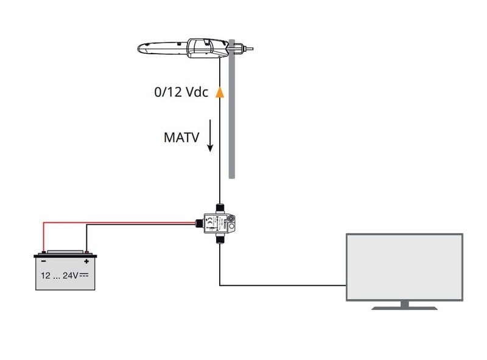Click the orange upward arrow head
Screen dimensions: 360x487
click(219, 93)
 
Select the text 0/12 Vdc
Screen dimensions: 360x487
click(181, 93)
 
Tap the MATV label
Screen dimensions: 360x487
click(181, 136)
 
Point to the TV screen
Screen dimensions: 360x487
click(404, 267)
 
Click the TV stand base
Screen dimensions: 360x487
click(404, 308)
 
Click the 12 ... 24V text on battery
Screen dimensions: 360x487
click(60, 275)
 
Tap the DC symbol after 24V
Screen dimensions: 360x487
click(85, 275)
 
